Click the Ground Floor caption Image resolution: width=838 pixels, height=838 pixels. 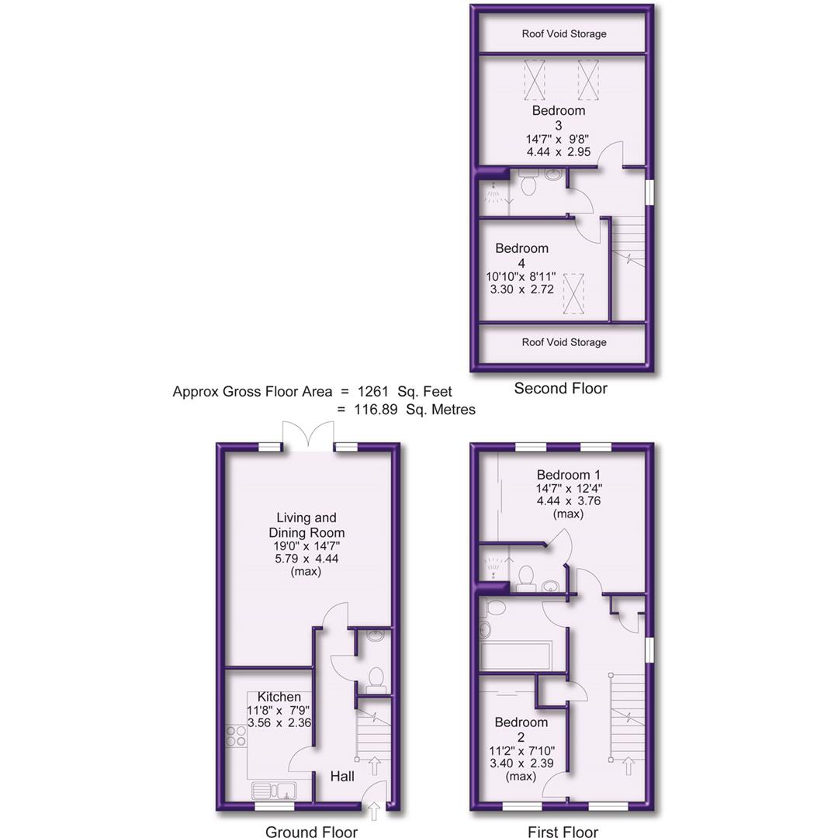311,832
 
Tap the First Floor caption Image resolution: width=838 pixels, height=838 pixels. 563,832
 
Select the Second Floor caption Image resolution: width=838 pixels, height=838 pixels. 560,388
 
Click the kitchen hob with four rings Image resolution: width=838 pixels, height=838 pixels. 236,735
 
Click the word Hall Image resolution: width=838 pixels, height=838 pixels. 342,776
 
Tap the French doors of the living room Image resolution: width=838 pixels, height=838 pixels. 308,435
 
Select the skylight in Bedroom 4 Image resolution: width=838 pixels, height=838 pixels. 574,293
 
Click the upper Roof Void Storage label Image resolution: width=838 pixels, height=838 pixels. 564,34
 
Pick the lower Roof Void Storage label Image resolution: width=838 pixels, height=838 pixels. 564,342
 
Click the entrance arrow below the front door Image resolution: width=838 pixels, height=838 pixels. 375,812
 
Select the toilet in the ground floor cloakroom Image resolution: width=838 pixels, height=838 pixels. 376,678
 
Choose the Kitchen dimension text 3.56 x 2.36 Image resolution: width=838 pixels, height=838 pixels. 279,723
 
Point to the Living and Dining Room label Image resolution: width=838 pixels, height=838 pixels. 306,525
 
